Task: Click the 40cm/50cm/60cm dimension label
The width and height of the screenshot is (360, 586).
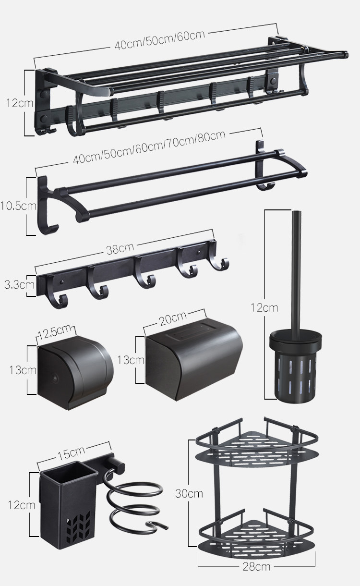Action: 160,40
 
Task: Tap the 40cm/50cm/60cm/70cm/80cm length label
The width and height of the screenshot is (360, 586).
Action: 149,147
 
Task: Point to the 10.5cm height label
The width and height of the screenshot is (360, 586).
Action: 18,206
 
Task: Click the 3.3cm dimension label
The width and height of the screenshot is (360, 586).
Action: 19,284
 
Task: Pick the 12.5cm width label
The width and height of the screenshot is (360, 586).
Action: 55,331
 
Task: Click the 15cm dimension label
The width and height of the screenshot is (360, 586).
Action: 71,453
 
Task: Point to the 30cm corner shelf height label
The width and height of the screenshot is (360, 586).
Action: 189,493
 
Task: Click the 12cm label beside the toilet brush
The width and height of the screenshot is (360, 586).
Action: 264,307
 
